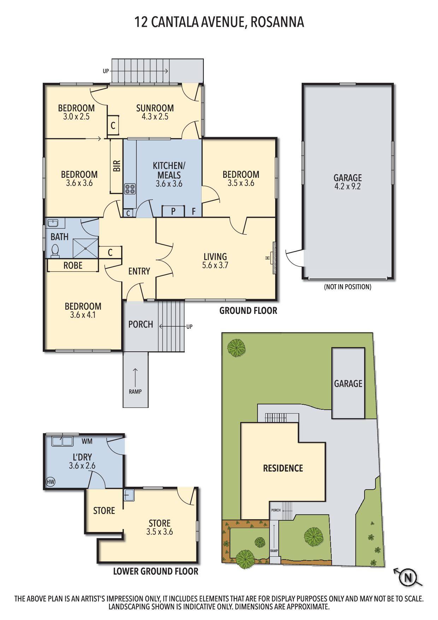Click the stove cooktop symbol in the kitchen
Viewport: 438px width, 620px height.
[x=130, y=189]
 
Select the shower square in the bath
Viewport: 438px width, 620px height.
[x=85, y=248]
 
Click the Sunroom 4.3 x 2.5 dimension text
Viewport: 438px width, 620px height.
[x=155, y=117]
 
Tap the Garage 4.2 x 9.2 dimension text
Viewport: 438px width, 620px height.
[x=348, y=187]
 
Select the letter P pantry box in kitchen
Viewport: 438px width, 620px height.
[x=173, y=211]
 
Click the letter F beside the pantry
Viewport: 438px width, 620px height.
[x=194, y=212]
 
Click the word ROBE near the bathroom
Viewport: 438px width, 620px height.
[x=73, y=265]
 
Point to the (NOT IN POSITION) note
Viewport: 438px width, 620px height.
[x=348, y=287]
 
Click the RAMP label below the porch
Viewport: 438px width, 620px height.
[x=135, y=392]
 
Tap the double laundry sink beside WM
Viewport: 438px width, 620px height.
[x=62, y=441]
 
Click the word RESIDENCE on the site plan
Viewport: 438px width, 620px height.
[x=283, y=468]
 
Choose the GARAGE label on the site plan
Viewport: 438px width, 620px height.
[x=348, y=384]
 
